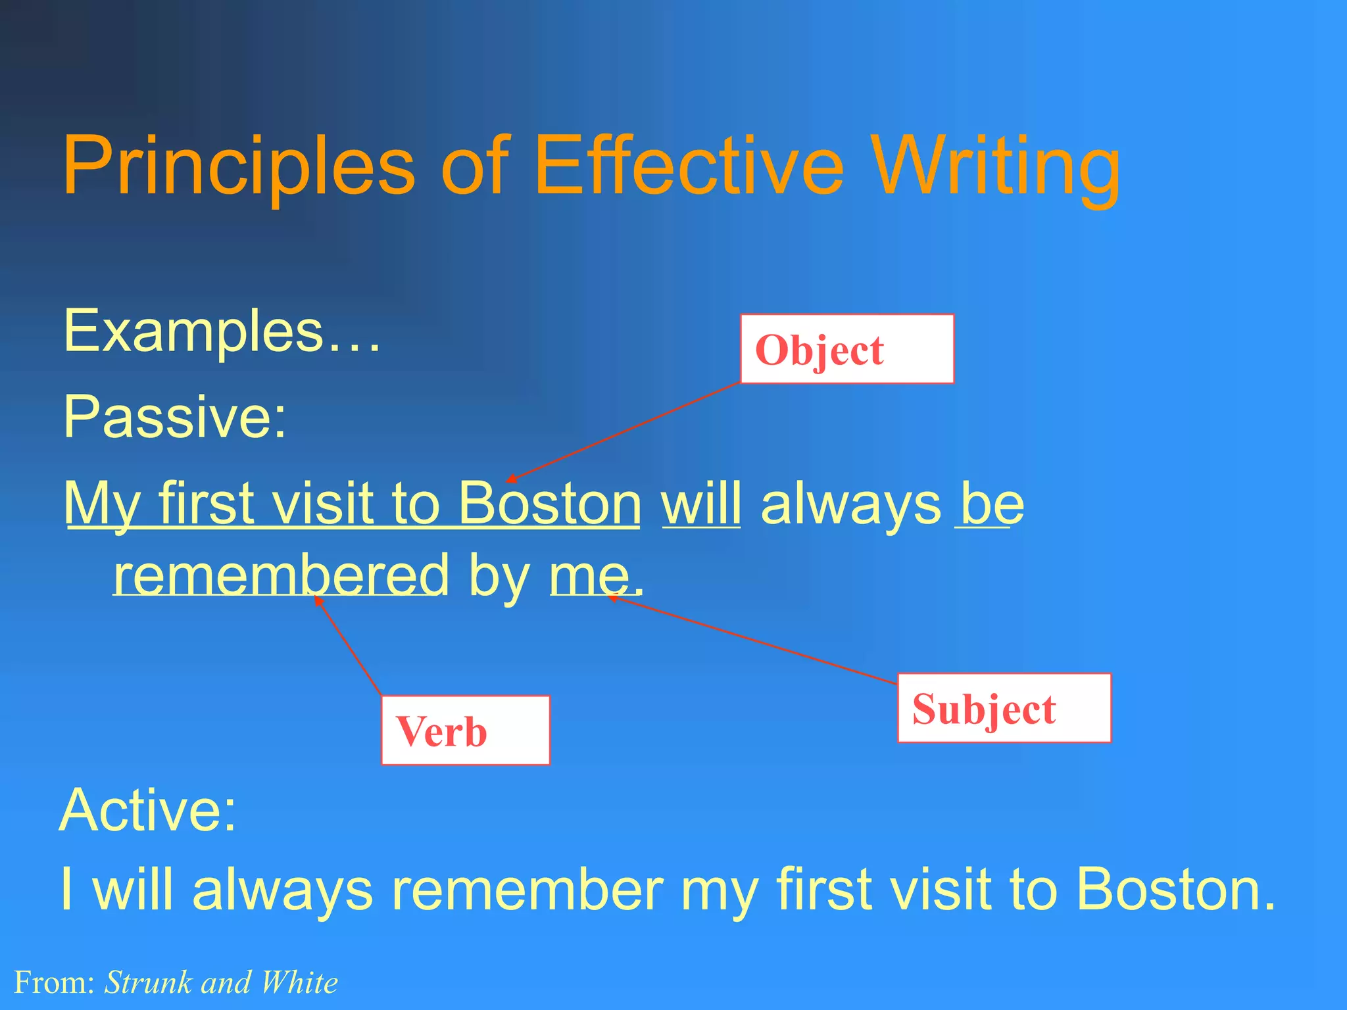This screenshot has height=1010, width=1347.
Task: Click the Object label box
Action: coord(846,349)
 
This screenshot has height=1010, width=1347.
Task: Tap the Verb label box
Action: coord(465,731)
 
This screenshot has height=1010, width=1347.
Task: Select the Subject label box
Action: coord(1004,708)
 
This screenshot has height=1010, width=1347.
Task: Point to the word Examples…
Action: coord(222,331)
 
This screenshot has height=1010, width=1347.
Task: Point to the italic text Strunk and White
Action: coord(221,982)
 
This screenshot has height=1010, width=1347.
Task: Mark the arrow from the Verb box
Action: coord(348,646)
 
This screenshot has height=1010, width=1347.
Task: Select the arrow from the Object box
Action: coord(624,432)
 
